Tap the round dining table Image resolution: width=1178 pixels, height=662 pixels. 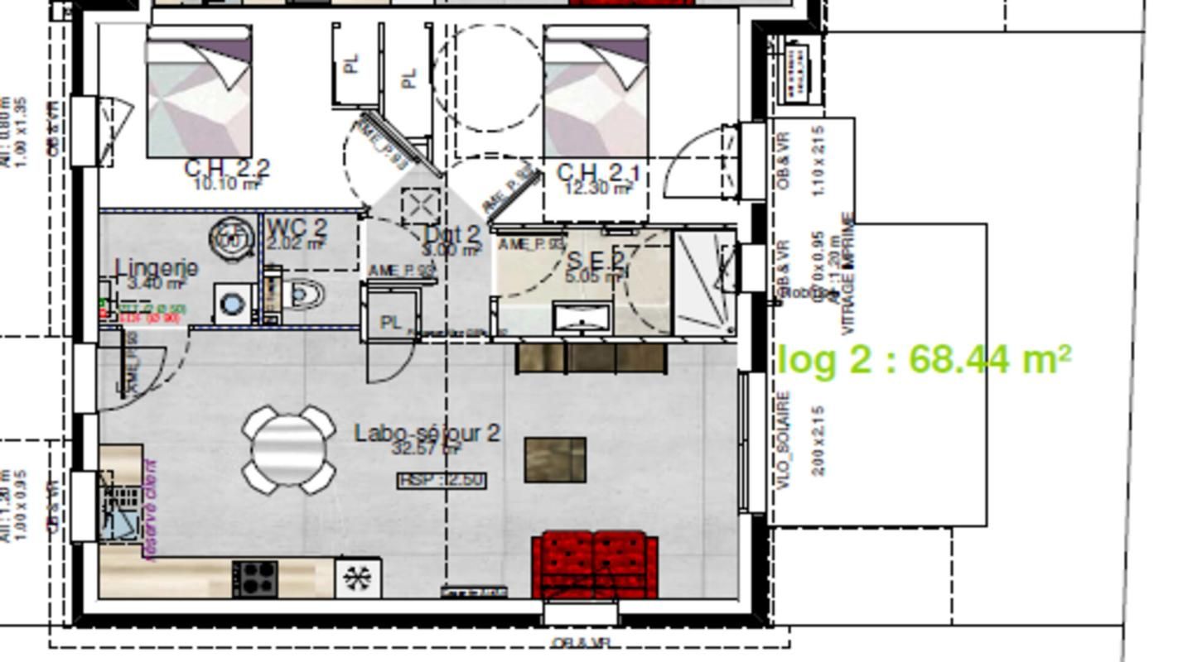[288, 449]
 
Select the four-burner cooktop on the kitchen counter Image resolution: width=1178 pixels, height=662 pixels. [255, 578]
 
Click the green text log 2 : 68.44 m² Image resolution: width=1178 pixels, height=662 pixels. [925, 360]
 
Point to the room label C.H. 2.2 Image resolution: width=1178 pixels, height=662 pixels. [226, 168]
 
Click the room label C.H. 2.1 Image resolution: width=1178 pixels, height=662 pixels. [598, 173]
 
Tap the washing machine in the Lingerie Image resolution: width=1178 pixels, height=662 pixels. [232, 305]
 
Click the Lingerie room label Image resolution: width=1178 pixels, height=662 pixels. [157, 268]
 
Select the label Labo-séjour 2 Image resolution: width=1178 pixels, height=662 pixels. [427, 433]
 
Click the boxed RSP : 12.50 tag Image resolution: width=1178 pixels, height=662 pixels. [442, 480]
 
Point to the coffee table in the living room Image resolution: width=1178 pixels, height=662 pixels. [555, 460]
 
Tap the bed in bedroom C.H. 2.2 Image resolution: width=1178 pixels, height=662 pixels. [199, 93]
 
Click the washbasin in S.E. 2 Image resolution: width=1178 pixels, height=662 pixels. [582, 317]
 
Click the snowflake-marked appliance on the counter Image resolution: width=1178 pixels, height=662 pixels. [359, 578]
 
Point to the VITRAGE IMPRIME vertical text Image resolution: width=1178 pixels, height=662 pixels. [847, 273]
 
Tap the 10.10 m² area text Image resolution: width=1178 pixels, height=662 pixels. [226, 184]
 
